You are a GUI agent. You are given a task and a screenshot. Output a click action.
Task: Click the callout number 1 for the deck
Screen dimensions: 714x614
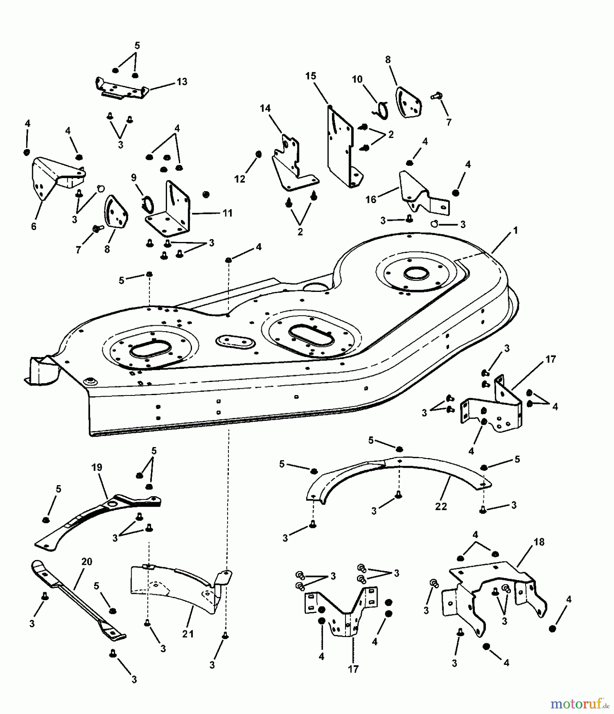pyautogui.click(x=515, y=230)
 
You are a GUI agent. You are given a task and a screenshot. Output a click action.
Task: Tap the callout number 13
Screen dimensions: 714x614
pyautogui.click(x=182, y=81)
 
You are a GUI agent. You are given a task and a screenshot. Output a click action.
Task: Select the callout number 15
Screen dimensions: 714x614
pyautogui.click(x=311, y=76)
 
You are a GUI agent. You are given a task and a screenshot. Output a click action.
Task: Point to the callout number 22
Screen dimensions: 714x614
pyautogui.click(x=441, y=506)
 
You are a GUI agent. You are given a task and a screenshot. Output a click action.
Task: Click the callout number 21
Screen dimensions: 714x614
pyautogui.click(x=188, y=634)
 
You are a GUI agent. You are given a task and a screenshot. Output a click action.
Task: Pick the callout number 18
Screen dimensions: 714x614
pyautogui.click(x=539, y=542)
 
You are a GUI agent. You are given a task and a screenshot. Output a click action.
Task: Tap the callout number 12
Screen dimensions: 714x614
pyautogui.click(x=240, y=179)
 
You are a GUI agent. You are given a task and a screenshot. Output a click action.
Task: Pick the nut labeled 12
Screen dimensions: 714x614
pyautogui.click(x=259, y=154)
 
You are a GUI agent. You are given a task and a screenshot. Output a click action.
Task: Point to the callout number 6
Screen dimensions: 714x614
pyautogui.click(x=34, y=226)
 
